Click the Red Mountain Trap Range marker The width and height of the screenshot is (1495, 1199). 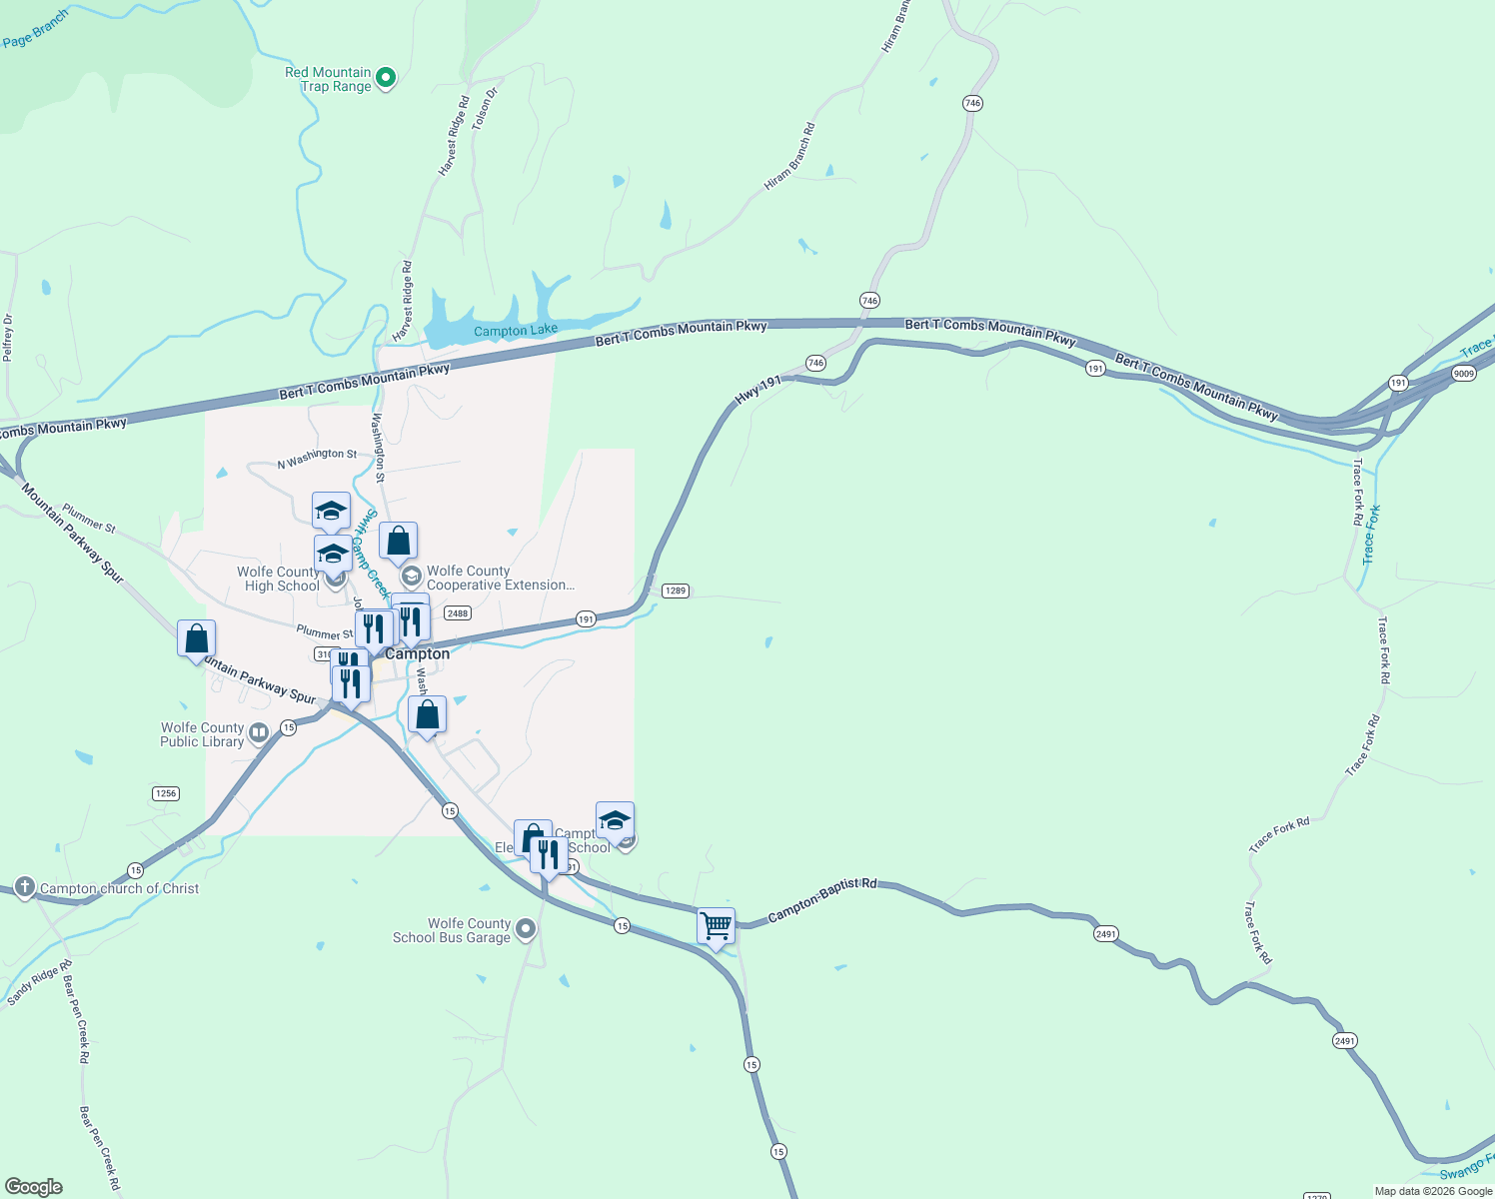[x=386, y=78]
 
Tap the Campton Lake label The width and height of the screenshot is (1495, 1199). [x=516, y=331]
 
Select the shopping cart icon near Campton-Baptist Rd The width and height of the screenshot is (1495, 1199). [x=716, y=926]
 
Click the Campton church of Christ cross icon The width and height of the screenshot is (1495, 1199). [x=25, y=887]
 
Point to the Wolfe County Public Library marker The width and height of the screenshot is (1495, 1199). [x=258, y=734]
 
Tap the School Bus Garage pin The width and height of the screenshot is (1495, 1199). [x=525, y=930]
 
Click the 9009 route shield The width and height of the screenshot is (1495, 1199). [x=1464, y=374]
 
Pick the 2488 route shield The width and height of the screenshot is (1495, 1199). [x=458, y=613]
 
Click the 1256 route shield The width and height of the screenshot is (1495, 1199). [x=166, y=793]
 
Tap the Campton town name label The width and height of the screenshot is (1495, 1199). [x=418, y=654]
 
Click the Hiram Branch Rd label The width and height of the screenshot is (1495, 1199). [x=789, y=157]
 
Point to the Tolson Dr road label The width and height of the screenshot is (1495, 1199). [x=485, y=109]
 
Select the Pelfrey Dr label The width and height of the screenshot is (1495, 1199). [x=8, y=337]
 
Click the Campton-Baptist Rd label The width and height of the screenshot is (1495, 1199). [x=821, y=901]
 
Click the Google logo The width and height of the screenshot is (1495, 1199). [x=34, y=1187]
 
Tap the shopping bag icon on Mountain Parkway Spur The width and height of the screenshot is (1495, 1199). [x=197, y=637]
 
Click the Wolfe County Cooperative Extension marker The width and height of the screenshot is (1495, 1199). [x=411, y=578]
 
